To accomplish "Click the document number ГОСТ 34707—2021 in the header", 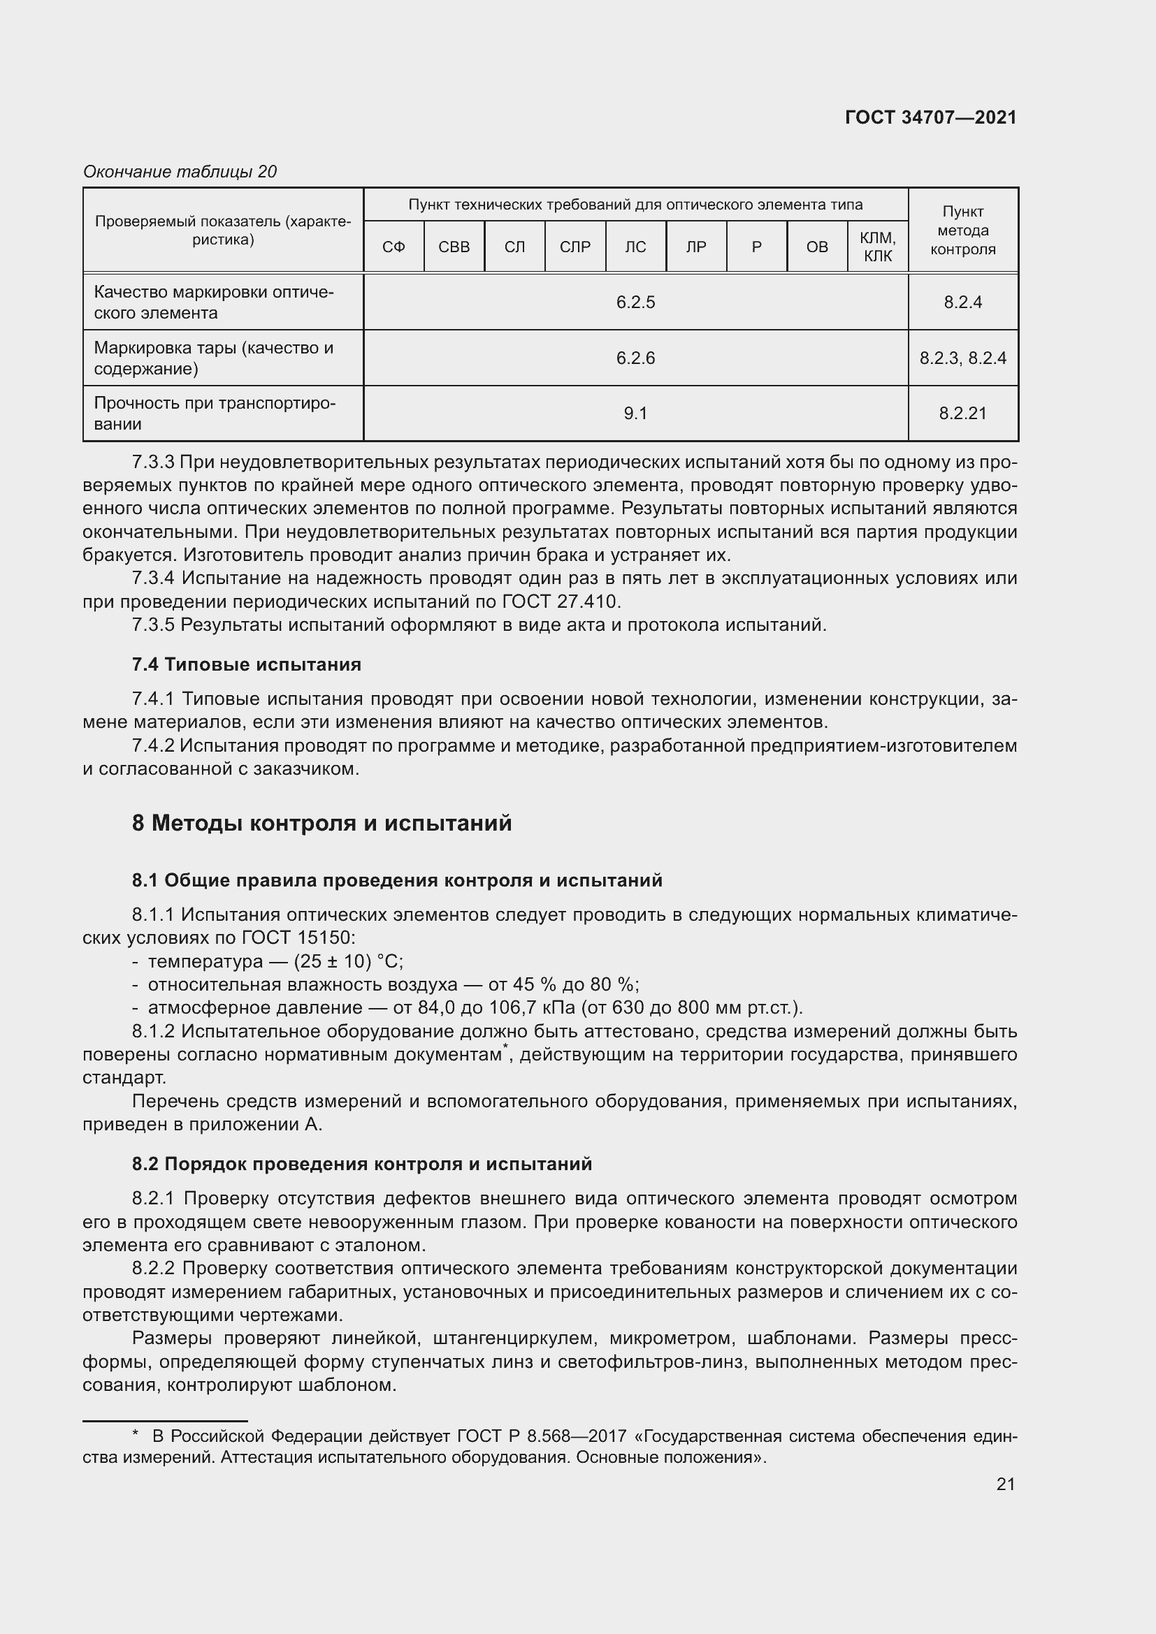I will [x=930, y=118].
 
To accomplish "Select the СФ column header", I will [x=393, y=247].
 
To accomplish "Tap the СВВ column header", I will [x=454, y=247].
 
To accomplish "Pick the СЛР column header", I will [x=575, y=247].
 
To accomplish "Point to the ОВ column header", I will [x=817, y=247].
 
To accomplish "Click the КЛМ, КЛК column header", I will [x=878, y=247].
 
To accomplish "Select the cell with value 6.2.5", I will [x=635, y=302].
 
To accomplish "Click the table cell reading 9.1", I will [x=635, y=414].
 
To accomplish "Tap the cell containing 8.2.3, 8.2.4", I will [x=962, y=358].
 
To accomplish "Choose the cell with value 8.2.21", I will [x=962, y=414].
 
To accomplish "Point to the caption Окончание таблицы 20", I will [x=180, y=172].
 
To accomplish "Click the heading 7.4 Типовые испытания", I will [x=246, y=664].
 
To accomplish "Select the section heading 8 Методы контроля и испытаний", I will [x=321, y=824].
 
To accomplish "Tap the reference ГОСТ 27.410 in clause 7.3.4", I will [x=561, y=602].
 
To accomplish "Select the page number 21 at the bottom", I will [x=1005, y=1484].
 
